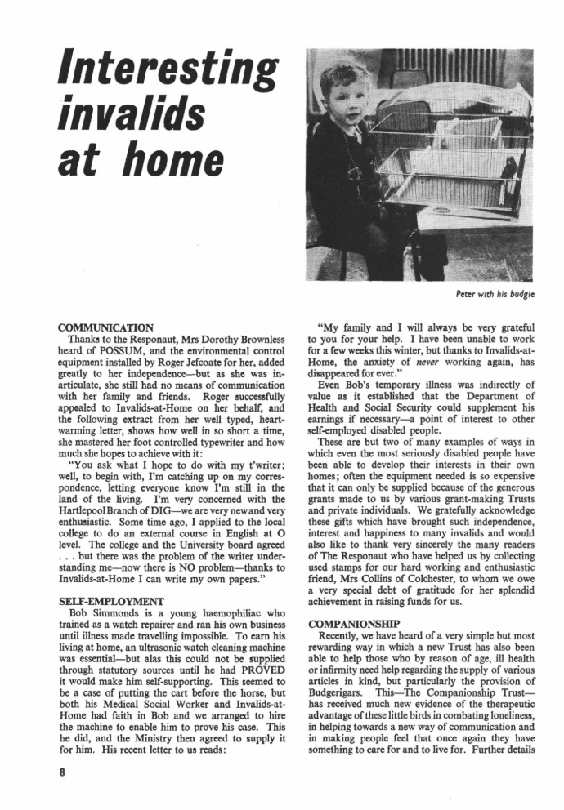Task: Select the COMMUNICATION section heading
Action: (x=106, y=329)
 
